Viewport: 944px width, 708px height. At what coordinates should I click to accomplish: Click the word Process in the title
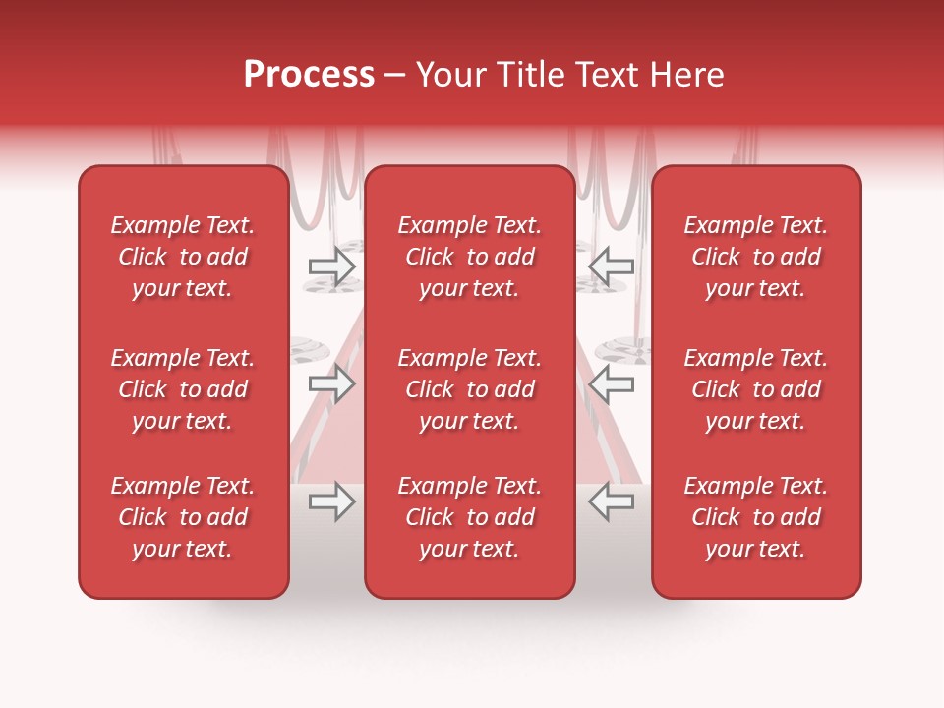309,75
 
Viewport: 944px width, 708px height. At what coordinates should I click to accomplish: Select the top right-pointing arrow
332,265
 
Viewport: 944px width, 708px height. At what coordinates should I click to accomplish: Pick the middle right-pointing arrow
332,384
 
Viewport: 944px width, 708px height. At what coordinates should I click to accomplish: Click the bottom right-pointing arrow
332,502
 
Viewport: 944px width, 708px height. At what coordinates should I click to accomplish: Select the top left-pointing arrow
611,265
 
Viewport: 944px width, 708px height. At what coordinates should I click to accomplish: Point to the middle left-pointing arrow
611,384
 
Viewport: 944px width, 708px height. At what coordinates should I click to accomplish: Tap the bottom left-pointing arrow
611,502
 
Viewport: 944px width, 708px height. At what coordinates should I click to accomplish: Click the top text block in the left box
183,257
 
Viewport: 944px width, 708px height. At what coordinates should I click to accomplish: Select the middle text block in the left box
183,389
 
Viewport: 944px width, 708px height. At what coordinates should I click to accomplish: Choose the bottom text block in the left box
183,517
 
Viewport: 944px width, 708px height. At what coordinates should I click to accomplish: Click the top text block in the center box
470,257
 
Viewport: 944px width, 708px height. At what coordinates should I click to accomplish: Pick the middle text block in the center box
470,389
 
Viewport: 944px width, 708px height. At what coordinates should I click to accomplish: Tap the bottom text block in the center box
470,517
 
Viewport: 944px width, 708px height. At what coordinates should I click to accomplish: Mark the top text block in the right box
756,257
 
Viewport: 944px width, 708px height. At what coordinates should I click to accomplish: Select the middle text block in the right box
756,389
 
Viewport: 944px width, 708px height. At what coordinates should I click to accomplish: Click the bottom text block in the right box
756,517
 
